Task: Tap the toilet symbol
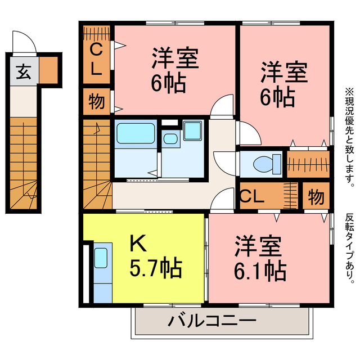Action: (x=263, y=163)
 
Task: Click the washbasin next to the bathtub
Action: (x=169, y=138)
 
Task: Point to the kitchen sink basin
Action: (x=101, y=258)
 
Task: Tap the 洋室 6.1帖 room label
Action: (x=259, y=260)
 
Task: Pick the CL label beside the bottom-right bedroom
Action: (x=252, y=197)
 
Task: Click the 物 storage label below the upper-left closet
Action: (x=97, y=102)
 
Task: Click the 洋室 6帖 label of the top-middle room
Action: (x=174, y=71)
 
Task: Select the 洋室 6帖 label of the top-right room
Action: (x=283, y=84)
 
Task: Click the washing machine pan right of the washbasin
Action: (x=192, y=131)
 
